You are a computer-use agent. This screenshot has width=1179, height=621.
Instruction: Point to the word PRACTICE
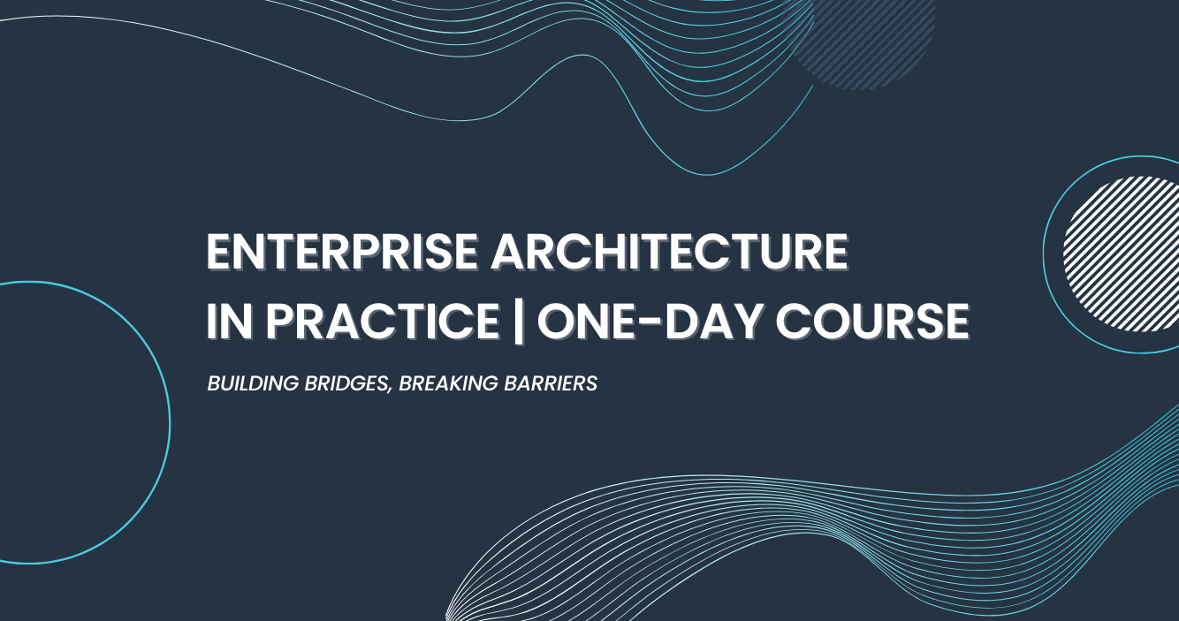[383, 321]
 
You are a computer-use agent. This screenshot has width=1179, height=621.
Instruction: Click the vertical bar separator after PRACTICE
[519, 322]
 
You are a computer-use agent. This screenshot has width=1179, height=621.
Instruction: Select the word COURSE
[872, 321]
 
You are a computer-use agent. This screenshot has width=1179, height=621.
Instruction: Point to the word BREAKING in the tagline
[448, 383]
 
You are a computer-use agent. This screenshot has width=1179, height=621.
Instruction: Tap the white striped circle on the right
[1121, 254]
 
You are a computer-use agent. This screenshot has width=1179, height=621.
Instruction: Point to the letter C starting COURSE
[794, 321]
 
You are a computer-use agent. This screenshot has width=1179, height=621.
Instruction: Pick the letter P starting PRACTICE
[280, 321]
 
